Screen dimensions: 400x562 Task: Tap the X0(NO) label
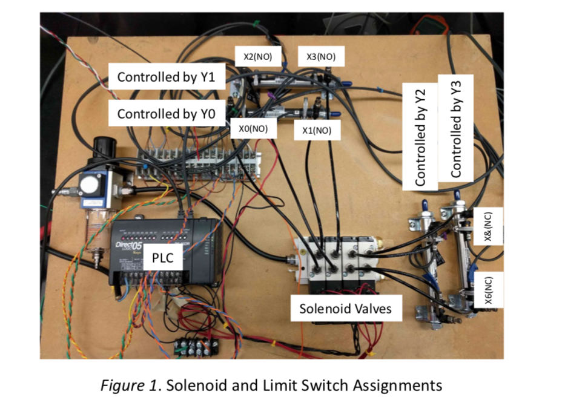[x=253, y=129]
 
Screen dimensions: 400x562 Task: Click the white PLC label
[x=162, y=258]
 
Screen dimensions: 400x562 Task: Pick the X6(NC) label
[x=489, y=291]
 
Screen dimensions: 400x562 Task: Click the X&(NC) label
[x=489, y=226]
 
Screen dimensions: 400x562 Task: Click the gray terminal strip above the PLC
[x=200, y=163]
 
